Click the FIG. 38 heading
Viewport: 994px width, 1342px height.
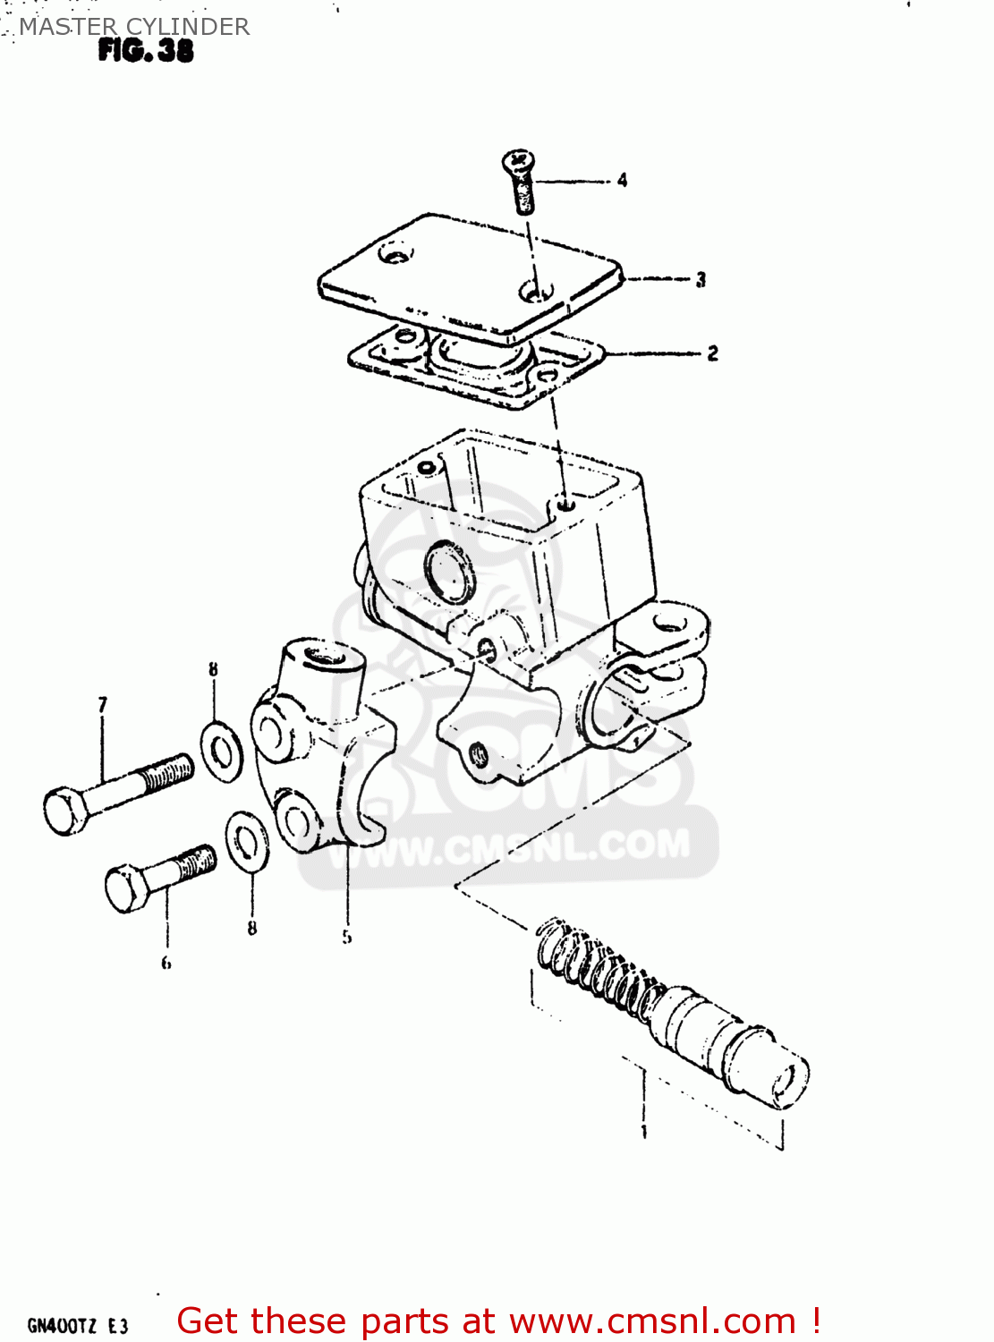146,51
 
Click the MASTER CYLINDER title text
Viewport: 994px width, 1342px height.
134,27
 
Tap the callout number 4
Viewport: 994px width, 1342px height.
622,181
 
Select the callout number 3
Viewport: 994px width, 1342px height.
701,280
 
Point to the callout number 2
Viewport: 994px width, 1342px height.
712,353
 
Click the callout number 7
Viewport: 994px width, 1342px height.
102,705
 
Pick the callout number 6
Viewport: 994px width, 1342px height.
166,963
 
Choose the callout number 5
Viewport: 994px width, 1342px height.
346,937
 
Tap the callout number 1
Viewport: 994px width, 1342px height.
644,1132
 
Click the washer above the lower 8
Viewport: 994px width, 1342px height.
247,842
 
